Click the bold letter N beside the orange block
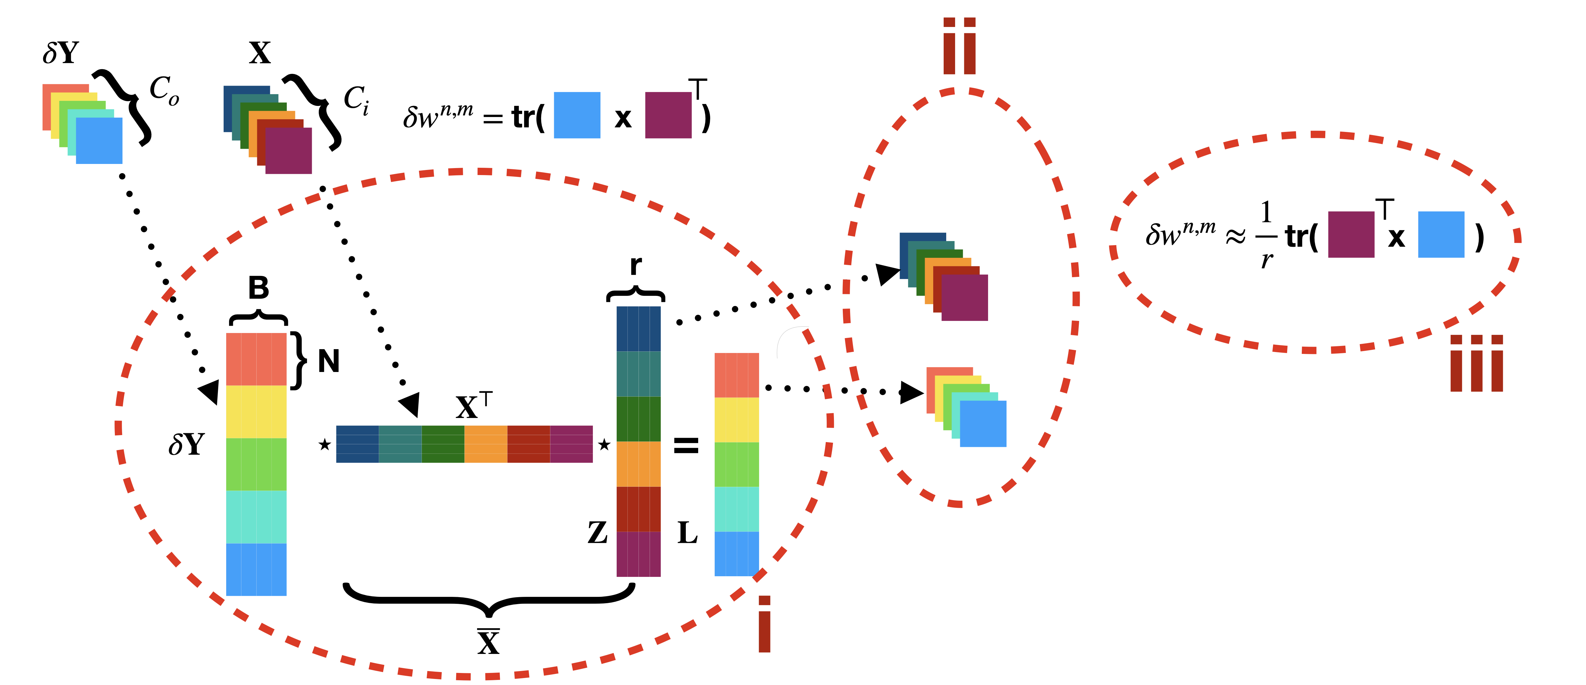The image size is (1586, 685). click(x=329, y=361)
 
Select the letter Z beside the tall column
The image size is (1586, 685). click(x=597, y=533)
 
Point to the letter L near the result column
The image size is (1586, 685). click(x=687, y=533)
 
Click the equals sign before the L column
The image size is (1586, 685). click(x=686, y=445)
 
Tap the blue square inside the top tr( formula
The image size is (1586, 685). click(x=577, y=115)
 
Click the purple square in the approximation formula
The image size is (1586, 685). click(x=1351, y=234)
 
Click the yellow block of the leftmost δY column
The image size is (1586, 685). click(x=256, y=412)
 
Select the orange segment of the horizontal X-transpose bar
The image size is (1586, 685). click(x=485, y=444)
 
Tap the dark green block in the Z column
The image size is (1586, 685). click(x=639, y=419)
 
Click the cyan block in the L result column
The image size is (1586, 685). click(x=736, y=509)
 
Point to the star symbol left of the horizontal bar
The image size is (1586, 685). click(x=324, y=444)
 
